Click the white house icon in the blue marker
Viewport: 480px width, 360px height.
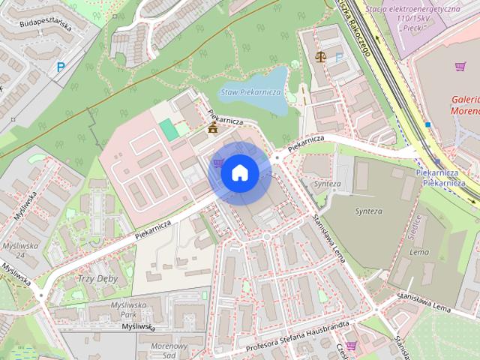pyautogui.click(x=239, y=173)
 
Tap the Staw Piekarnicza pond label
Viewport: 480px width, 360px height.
pyautogui.click(x=250, y=91)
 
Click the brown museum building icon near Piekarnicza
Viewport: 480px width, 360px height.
pyautogui.click(x=213, y=129)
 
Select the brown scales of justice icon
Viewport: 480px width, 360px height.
pyautogui.click(x=322, y=55)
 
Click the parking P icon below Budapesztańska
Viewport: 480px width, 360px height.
pyautogui.click(x=59, y=67)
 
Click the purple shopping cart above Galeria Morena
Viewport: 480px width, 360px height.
pyautogui.click(x=460, y=67)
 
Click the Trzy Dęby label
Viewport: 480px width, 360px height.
pyautogui.click(x=97, y=278)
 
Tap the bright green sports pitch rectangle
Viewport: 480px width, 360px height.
pyautogui.click(x=169, y=129)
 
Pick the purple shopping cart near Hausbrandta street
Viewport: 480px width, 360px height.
pyautogui.click(x=351, y=345)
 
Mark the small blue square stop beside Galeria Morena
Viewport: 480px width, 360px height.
pyautogui.click(x=427, y=124)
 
